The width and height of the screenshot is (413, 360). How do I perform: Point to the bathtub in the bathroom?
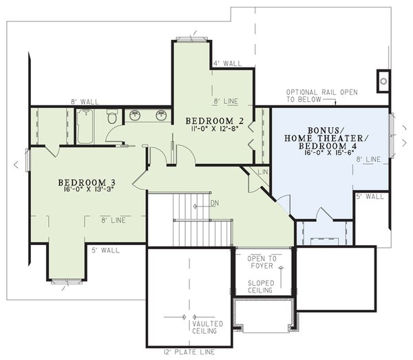click(85, 127)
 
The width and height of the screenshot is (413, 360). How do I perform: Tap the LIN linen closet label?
click(262, 171)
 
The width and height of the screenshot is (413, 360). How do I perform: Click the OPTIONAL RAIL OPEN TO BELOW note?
click(312, 96)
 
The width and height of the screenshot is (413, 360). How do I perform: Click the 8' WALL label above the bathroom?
click(82, 102)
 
